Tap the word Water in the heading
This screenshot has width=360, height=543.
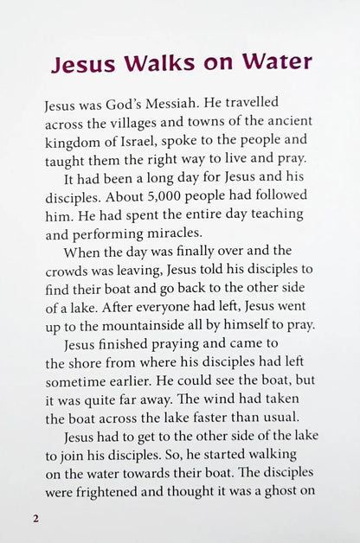pyautogui.click(x=276, y=64)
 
